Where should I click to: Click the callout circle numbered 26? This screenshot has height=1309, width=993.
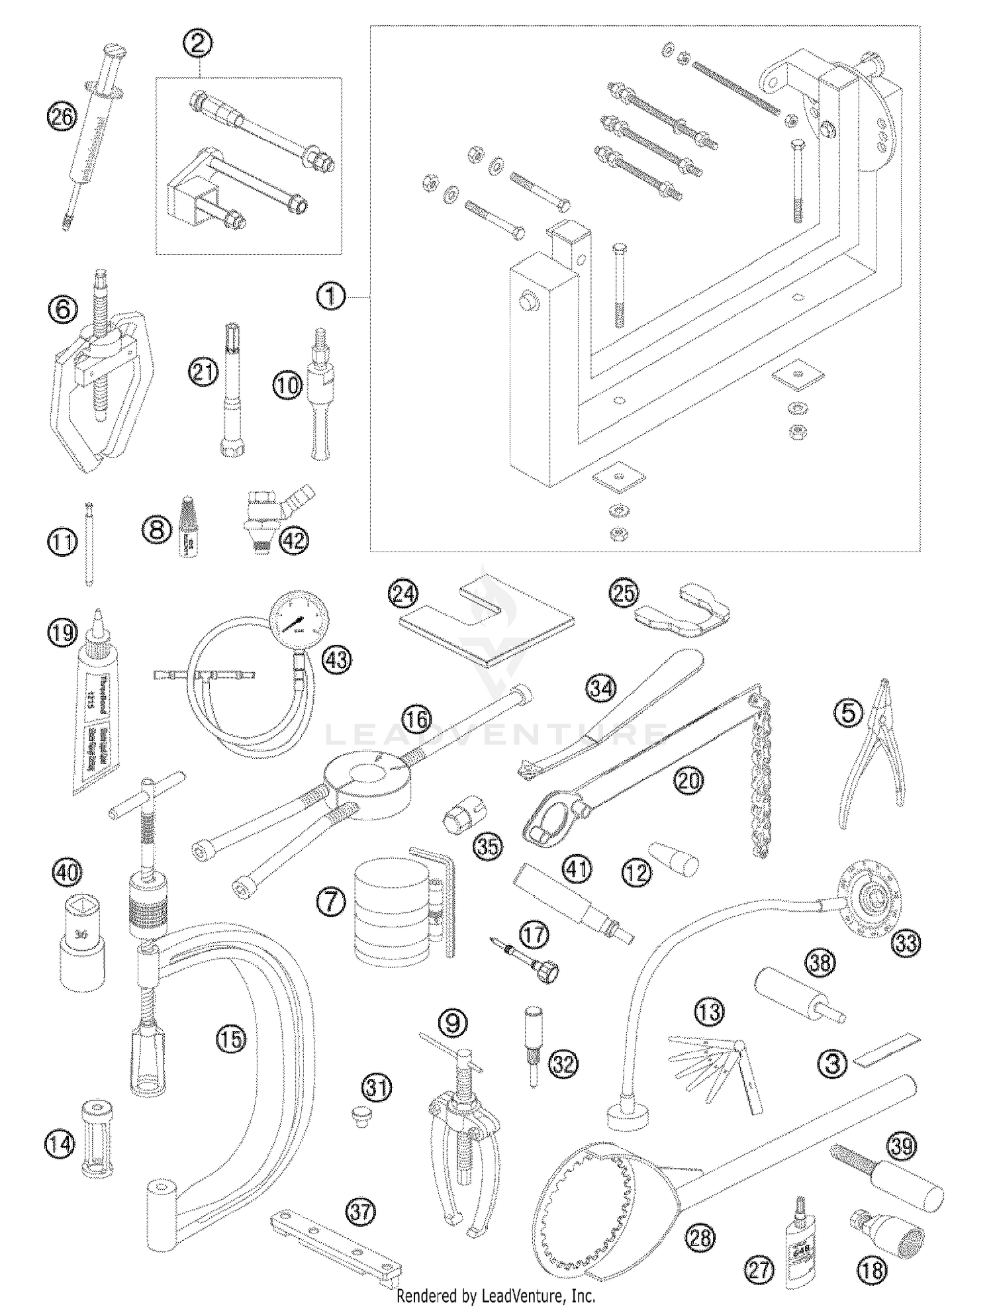point(62,119)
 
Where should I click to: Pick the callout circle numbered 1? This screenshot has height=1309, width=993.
point(331,296)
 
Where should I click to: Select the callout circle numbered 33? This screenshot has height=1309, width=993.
point(906,942)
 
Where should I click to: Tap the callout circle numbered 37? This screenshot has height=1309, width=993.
point(361,1212)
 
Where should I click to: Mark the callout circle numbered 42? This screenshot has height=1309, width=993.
point(294,541)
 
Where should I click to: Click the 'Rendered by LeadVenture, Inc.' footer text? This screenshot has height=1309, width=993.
point(496,1295)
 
